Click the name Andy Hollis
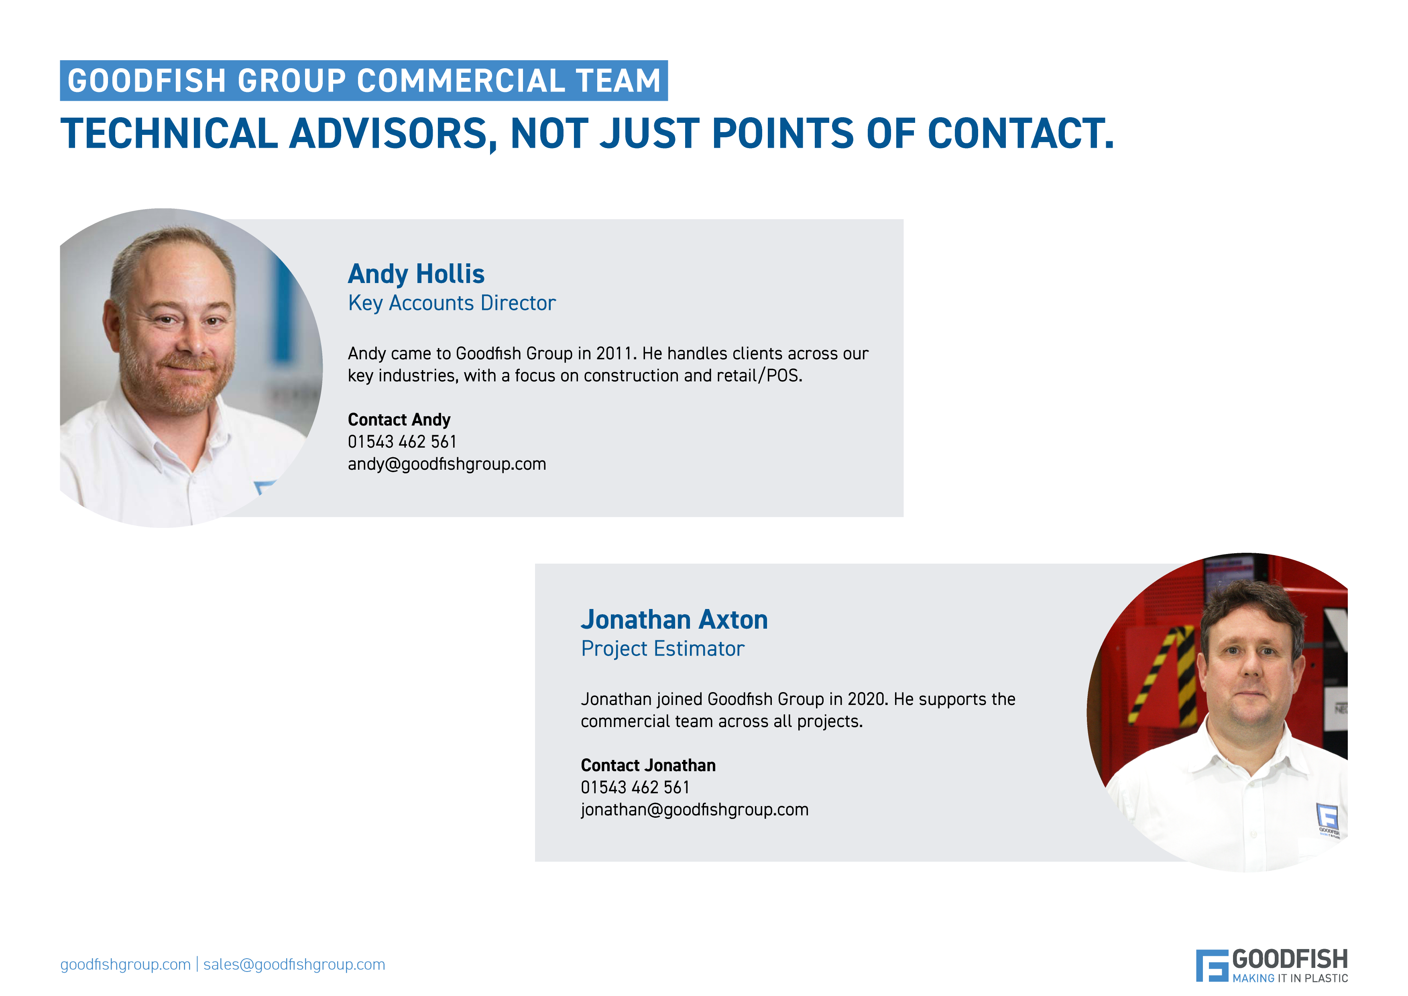[416, 274]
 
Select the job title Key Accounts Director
[452, 303]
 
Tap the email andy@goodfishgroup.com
[446, 464]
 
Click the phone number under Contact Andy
[402, 442]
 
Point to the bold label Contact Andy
[399, 420]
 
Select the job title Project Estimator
[662, 648]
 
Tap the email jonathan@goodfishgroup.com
[694, 810]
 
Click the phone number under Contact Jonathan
[635, 788]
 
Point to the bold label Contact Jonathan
[648, 766]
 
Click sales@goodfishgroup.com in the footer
[294, 965]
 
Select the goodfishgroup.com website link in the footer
[125, 965]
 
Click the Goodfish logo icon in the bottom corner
[1211, 965]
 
